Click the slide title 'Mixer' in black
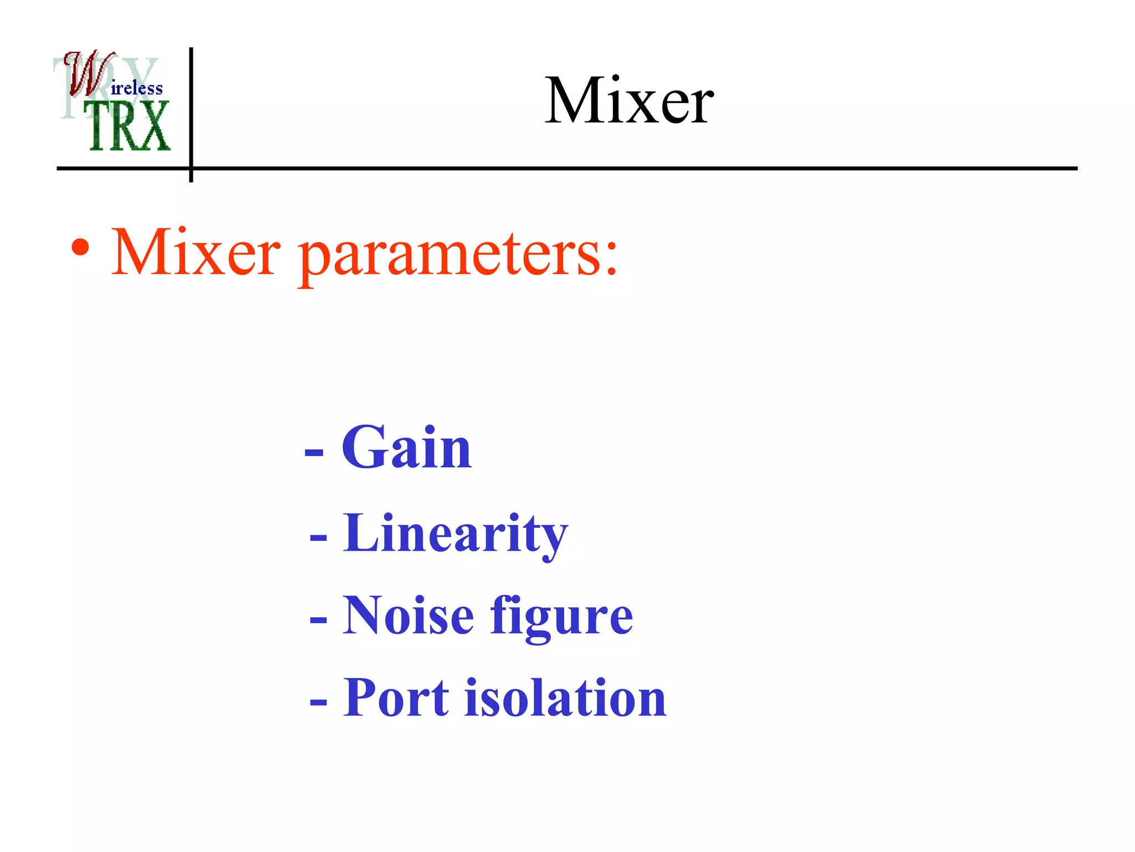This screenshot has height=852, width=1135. click(x=629, y=101)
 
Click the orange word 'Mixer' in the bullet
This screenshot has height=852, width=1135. click(x=196, y=253)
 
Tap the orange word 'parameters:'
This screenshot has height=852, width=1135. click(x=458, y=255)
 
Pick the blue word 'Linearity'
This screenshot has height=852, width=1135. click(x=455, y=534)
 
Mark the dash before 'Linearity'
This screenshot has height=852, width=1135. click(x=319, y=537)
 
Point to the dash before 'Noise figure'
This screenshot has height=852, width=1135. click(x=319, y=619)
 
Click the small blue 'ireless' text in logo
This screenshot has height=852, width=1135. click(x=137, y=88)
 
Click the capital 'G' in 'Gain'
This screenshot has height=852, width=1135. click(x=361, y=447)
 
